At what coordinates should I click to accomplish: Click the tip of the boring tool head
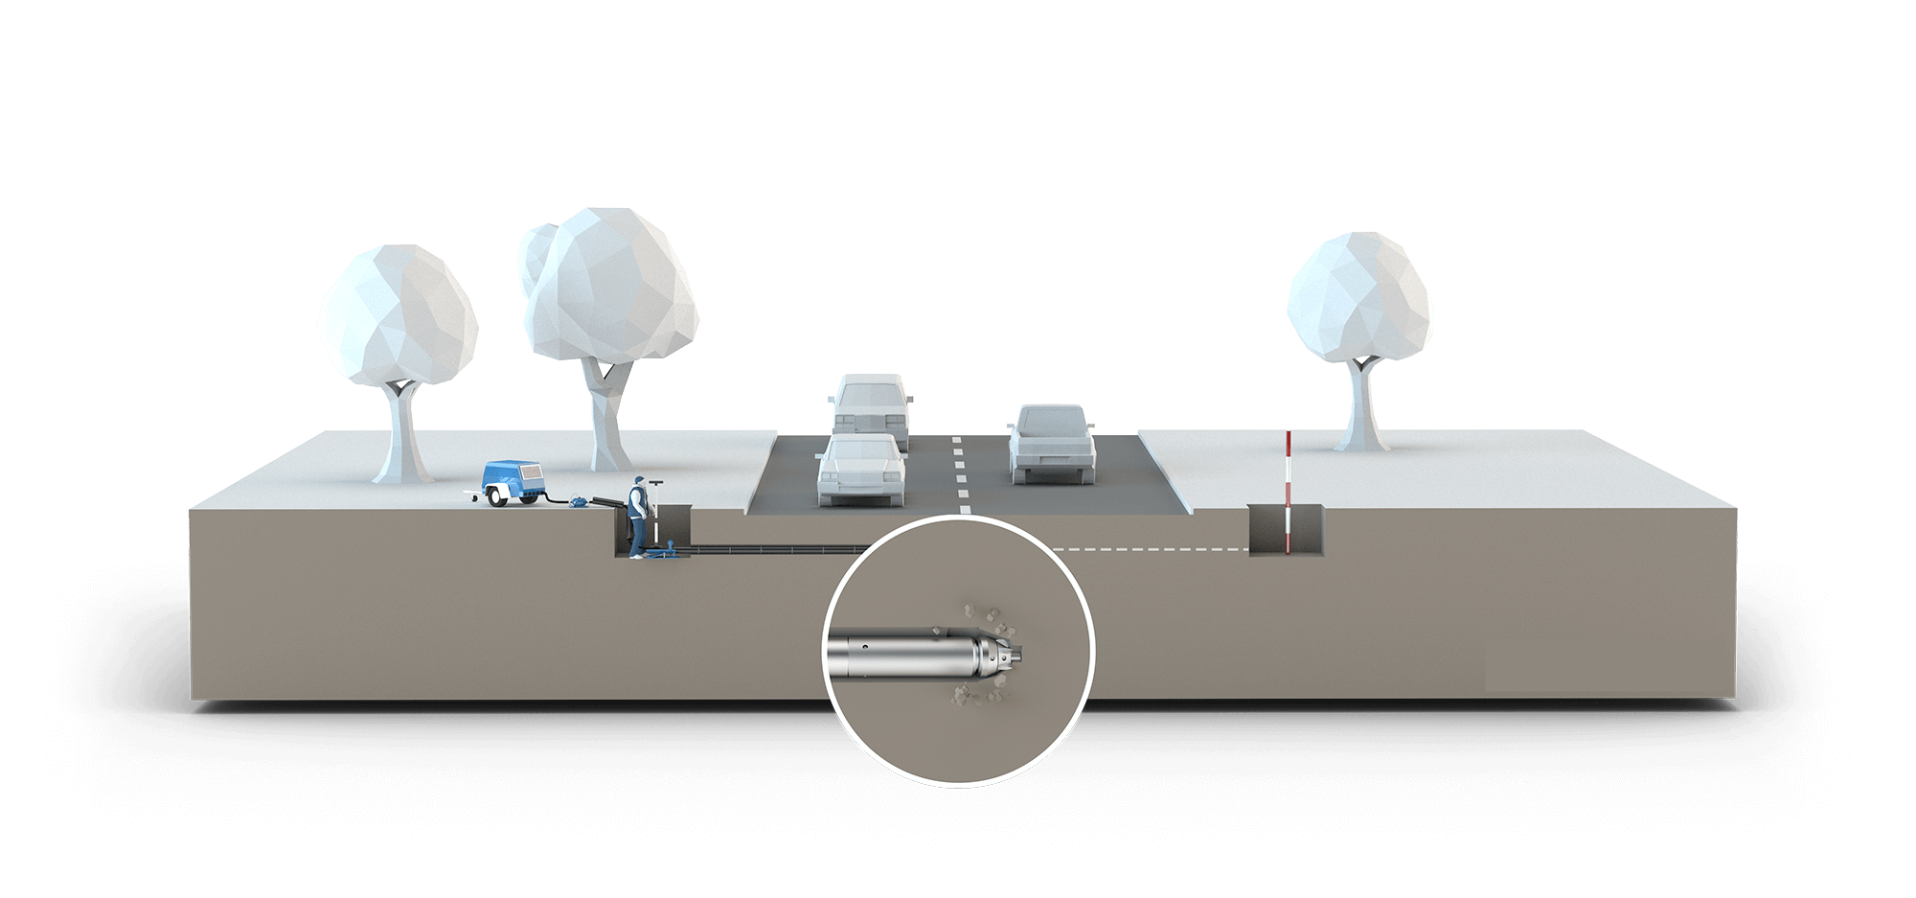[x=1024, y=655]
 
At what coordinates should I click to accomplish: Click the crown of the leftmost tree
[x=398, y=314]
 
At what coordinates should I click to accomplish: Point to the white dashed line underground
[x=1150, y=550]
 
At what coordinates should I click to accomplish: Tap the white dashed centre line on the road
[x=960, y=470]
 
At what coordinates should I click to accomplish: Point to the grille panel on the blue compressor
[x=528, y=475]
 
